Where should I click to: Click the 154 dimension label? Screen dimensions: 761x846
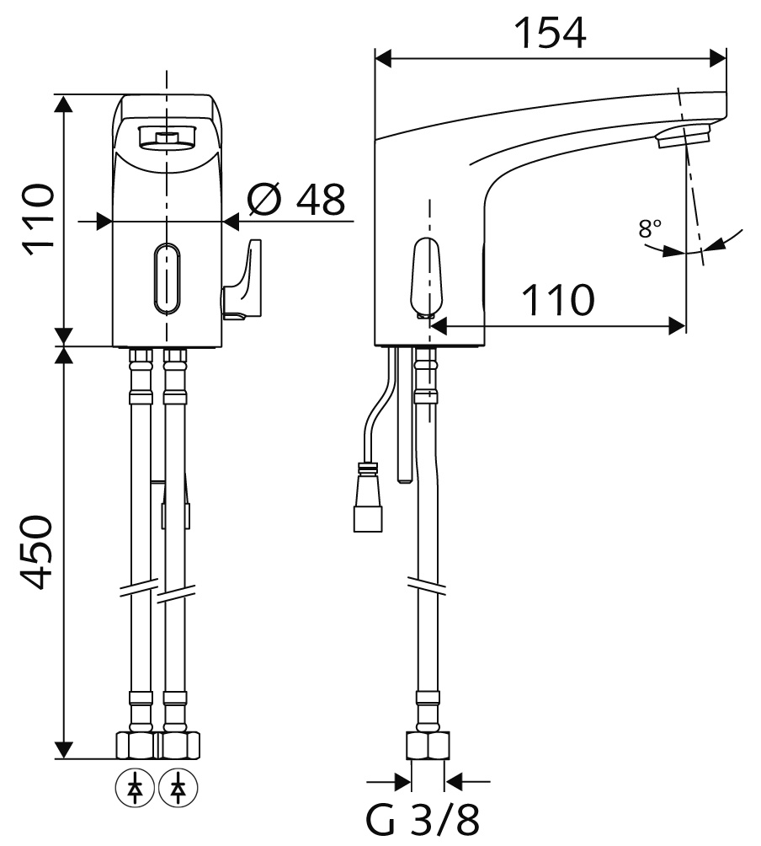[551, 33]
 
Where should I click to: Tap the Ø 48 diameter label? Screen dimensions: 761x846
[295, 199]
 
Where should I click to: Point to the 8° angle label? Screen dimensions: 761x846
[650, 228]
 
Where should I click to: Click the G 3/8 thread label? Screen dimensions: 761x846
[422, 820]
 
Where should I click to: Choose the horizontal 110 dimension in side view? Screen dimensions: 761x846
[558, 299]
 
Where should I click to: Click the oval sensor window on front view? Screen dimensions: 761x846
[167, 278]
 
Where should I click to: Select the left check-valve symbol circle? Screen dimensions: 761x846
[135, 788]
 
